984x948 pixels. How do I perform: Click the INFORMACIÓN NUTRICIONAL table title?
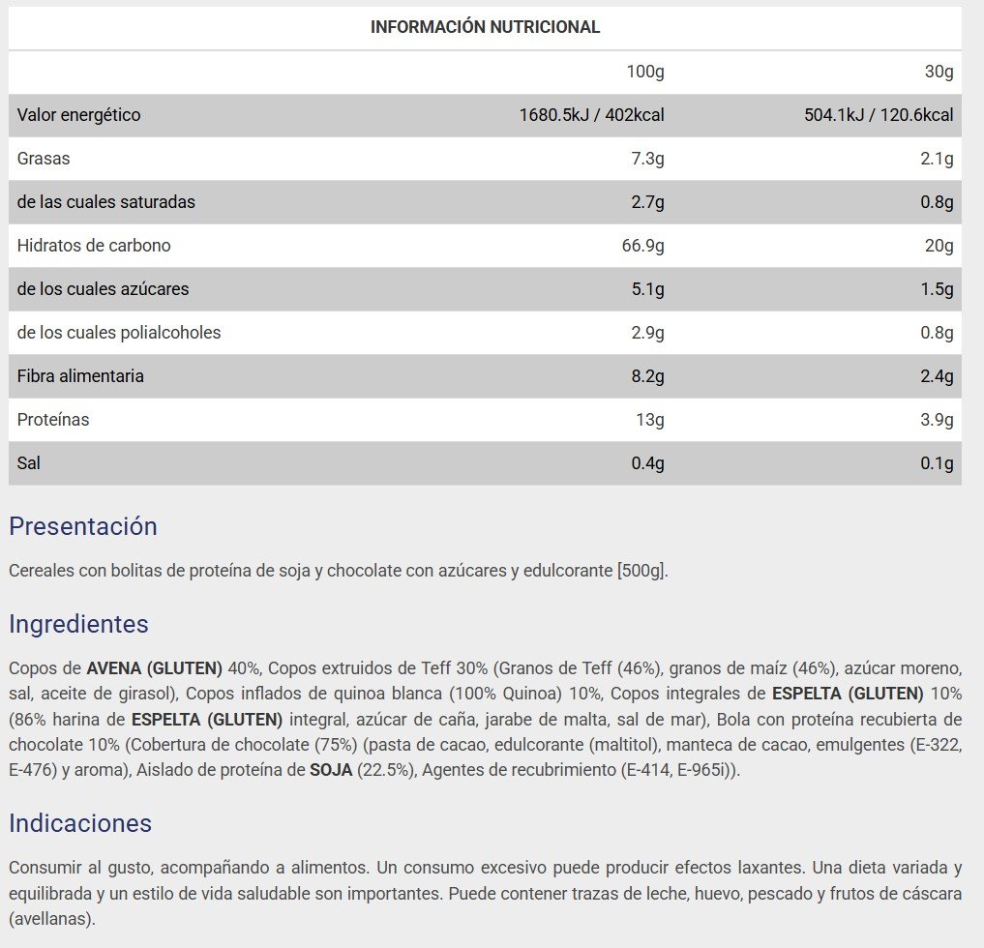tap(485, 27)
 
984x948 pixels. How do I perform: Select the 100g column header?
tap(645, 72)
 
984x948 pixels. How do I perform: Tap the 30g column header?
tap(939, 72)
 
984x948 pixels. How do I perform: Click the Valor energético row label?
tap(79, 115)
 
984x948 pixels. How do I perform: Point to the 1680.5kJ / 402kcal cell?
tap(591, 115)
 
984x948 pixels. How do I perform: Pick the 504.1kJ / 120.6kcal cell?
tap(879, 115)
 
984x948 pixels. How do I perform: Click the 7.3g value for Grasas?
tap(647, 159)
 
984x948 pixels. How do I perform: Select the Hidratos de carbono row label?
tap(94, 246)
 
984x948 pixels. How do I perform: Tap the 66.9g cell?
tap(642, 246)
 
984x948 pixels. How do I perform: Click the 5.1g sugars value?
tap(647, 289)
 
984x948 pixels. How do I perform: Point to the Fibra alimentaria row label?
tap(80, 376)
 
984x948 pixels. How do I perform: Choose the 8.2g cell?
tap(647, 376)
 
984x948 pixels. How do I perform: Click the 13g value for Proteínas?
tap(650, 420)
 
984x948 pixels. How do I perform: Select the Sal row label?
tap(29, 463)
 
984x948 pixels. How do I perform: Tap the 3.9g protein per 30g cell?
tap(937, 420)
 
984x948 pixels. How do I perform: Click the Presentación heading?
tap(82, 527)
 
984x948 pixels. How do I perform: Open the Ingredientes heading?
tap(78, 625)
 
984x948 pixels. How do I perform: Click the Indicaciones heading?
tap(80, 823)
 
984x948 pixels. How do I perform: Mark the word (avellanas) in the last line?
tap(51, 918)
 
